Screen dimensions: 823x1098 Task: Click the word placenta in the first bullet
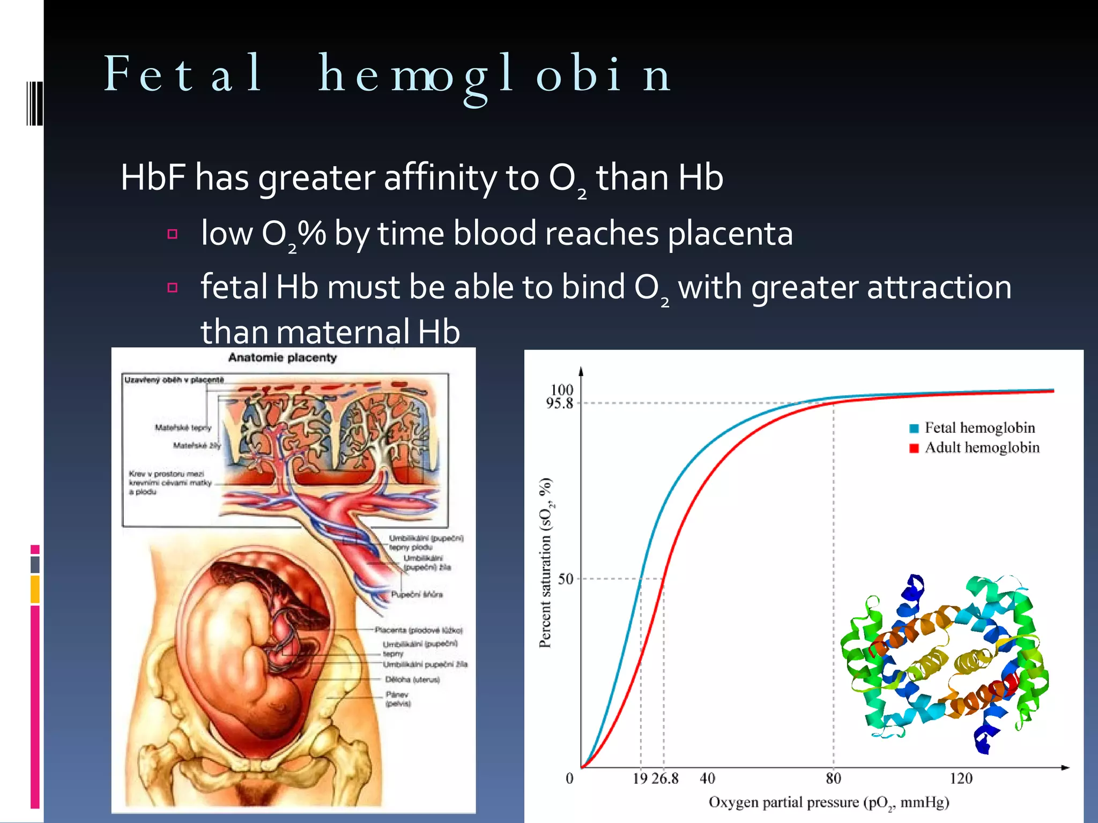coord(730,234)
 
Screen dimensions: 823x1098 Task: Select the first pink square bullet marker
coord(172,234)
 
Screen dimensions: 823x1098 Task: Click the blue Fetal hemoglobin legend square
coord(914,428)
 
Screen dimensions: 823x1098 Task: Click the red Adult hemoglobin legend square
coord(914,448)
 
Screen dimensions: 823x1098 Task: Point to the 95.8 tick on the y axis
coord(560,403)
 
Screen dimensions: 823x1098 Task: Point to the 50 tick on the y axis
coord(566,579)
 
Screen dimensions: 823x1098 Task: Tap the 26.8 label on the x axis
coord(665,779)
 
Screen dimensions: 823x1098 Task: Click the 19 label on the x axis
coord(640,779)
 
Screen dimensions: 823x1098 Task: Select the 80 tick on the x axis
coord(833,779)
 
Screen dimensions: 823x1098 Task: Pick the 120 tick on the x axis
coord(961,779)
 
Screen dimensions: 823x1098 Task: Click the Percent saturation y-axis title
coord(546,563)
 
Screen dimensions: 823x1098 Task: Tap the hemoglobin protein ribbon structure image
coord(944,664)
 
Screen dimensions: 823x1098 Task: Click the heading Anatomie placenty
coord(283,358)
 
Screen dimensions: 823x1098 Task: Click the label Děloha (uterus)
coord(412,679)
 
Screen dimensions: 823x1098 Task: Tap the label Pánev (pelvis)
coord(398,699)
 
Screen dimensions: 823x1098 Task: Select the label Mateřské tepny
coord(183,428)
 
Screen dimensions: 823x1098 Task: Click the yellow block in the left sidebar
coord(35,589)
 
